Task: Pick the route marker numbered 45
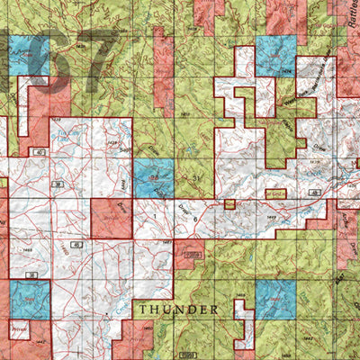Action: (x=76, y=244)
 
